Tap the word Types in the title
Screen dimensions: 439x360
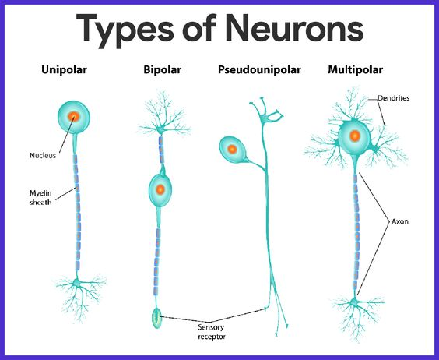point(126,31)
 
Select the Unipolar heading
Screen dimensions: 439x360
point(64,70)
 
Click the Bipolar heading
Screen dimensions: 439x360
point(163,70)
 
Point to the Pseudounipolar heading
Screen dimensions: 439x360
point(259,70)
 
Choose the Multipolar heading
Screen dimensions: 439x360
point(355,70)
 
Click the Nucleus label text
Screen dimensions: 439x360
point(43,155)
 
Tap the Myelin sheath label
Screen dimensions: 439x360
point(40,198)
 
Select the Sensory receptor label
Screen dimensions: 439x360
point(212,332)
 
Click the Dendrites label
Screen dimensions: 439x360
point(393,98)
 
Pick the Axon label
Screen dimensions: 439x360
point(400,221)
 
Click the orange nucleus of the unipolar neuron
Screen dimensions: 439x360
point(74,117)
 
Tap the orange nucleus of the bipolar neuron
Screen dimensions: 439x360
point(160,190)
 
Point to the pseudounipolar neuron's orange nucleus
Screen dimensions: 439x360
point(232,150)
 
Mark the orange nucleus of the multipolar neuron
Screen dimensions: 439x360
point(355,136)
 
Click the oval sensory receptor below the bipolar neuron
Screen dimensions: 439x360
point(156,318)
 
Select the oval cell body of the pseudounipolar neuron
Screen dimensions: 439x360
point(233,150)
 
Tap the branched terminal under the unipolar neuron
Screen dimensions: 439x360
point(79,298)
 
